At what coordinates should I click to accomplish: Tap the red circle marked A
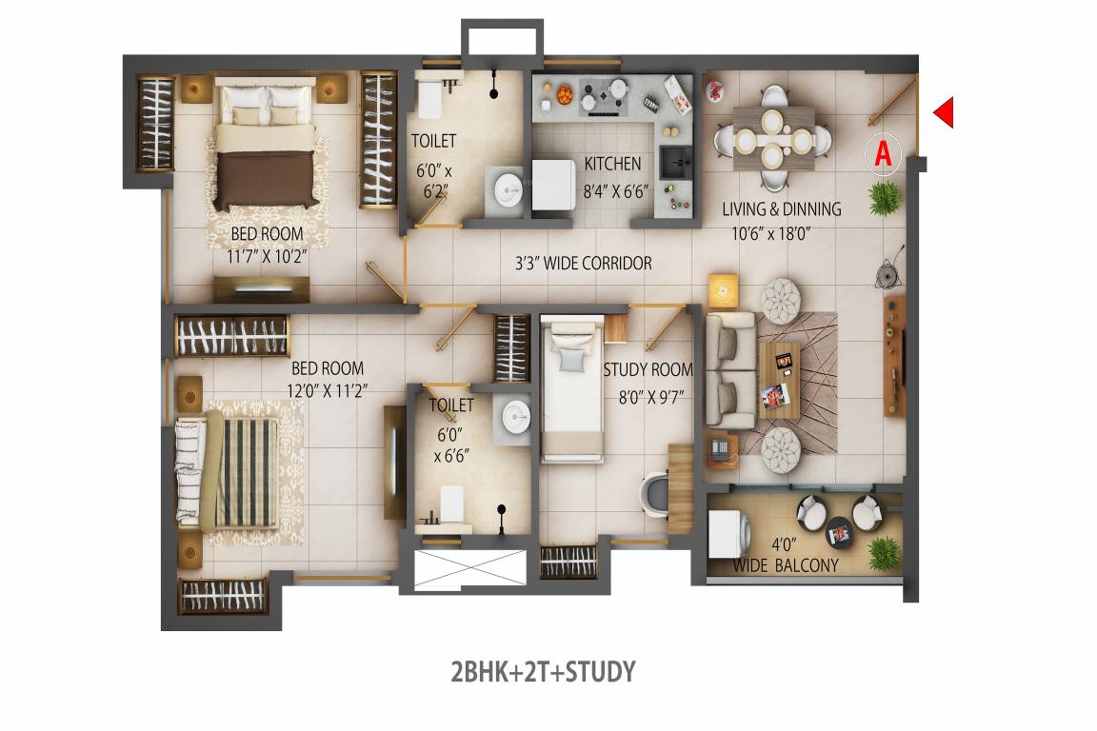(x=883, y=153)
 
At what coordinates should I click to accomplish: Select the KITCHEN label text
(x=612, y=164)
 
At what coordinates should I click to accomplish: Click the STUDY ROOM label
(x=648, y=369)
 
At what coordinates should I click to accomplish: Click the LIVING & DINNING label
(x=781, y=208)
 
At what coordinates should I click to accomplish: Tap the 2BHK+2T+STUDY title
(x=542, y=672)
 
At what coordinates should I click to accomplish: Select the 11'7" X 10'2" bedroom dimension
(x=267, y=255)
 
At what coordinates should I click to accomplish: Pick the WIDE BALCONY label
(x=786, y=565)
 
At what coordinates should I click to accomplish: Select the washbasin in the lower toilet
(x=516, y=416)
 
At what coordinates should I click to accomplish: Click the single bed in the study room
(x=572, y=390)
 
